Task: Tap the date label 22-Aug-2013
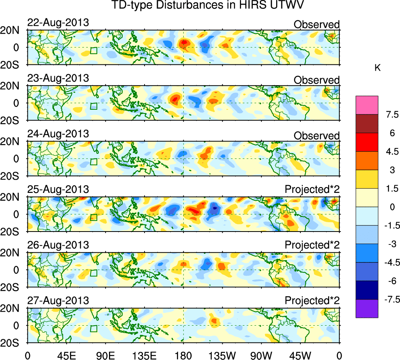(x=58, y=23)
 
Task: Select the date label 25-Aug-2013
(x=58, y=189)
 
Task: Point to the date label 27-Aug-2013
(x=58, y=301)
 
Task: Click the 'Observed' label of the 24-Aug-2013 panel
(x=316, y=135)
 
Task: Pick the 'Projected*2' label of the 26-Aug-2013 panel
(x=312, y=245)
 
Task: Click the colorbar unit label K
(x=377, y=68)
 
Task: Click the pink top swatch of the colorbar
(x=367, y=105)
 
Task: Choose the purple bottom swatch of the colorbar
(x=367, y=308)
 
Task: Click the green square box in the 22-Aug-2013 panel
(x=93, y=50)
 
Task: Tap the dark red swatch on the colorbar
(x=367, y=123)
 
